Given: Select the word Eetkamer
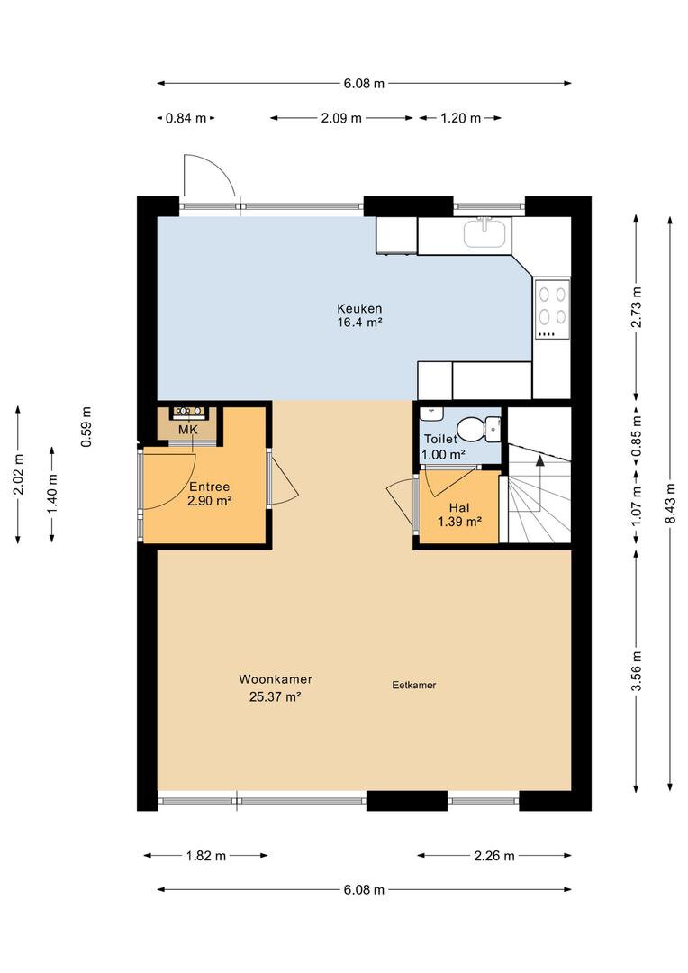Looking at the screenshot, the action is point(414,685).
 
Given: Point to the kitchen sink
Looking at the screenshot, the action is point(485,232).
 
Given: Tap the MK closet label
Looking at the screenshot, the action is point(187,430).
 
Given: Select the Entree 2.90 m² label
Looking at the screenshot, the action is point(210,494).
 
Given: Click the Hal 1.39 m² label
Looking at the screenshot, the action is point(459,515).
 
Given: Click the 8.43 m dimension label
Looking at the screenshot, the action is point(670,503).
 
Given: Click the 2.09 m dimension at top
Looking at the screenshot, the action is point(341,118).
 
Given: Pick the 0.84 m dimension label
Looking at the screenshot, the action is point(186,118).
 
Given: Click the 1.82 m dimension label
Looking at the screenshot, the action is point(206,856).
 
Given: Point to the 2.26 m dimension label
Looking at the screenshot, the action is point(494,856).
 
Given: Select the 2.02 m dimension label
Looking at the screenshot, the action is point(18,475).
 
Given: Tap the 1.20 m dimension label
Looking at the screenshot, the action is point(461,118).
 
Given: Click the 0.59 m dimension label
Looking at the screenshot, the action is point(86,427).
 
